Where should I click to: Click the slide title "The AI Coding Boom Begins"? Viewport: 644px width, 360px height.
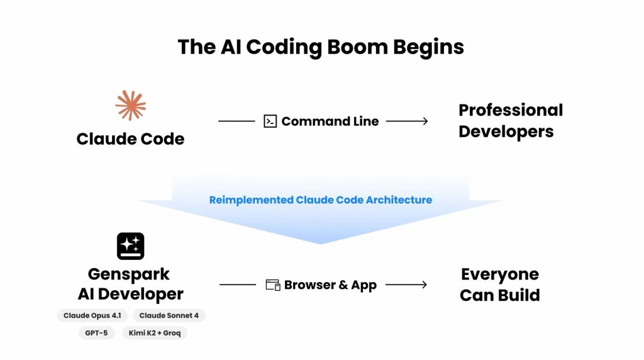coord(321,47)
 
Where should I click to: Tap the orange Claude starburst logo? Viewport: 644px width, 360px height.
coord(131,105)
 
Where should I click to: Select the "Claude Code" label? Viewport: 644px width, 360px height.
coord(130,138)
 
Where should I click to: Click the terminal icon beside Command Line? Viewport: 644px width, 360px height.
coord(270,121)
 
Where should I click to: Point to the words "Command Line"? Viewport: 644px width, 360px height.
coord(330,121)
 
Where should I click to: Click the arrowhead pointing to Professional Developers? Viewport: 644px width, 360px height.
coord(425,121)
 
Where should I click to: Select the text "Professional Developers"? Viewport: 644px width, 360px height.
coord(510,120)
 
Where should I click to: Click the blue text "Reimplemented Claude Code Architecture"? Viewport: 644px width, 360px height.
coord(320,200)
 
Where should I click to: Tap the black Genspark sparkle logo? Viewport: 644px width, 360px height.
coord(131,246)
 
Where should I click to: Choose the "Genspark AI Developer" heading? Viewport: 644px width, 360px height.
coord(130,284)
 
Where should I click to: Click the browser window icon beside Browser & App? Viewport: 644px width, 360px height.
coord(272,285)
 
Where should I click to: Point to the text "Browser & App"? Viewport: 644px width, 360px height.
coord(330,285)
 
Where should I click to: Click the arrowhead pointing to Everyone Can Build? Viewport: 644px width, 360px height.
coord(425,285)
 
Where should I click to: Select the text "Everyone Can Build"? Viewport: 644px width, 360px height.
coord(499,284)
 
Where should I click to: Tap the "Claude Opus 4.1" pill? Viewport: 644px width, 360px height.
coord(92,315)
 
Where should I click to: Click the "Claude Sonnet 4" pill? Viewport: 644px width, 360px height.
coord(169,315)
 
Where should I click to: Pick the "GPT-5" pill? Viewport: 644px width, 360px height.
coord(96,333)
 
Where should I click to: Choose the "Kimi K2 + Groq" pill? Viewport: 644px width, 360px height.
coord(155,333)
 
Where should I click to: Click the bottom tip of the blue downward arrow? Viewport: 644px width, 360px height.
coord(321,242)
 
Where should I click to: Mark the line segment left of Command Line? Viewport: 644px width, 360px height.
coord(236,121)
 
